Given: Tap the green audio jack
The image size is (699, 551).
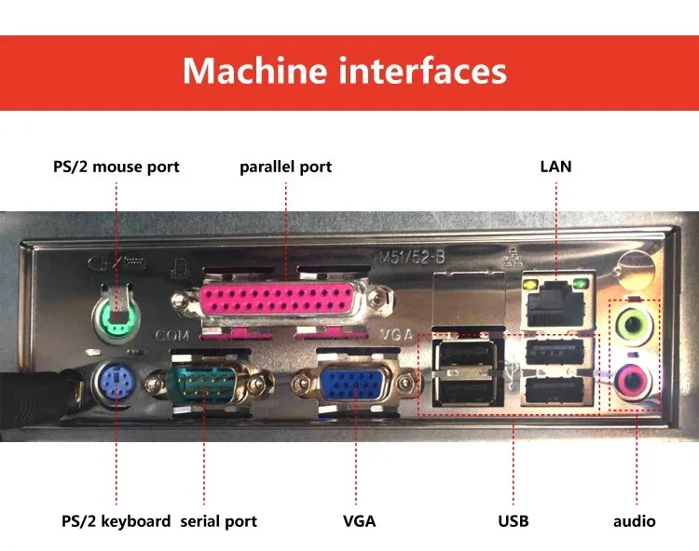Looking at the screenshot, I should pos(635,325).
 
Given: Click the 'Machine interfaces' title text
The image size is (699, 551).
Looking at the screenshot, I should pos(345,71).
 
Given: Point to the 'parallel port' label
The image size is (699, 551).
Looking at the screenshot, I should pos(285,168).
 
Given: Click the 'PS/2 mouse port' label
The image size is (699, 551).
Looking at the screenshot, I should pos(116,168).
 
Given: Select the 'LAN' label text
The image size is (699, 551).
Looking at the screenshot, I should pos(555,168).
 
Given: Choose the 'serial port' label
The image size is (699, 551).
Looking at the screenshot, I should pos(218,521).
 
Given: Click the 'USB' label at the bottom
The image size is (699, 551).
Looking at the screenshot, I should pos(513,521).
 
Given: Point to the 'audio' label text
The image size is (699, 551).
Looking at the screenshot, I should pos(634,521).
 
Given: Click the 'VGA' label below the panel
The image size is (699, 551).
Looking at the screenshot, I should pos(359,521).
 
